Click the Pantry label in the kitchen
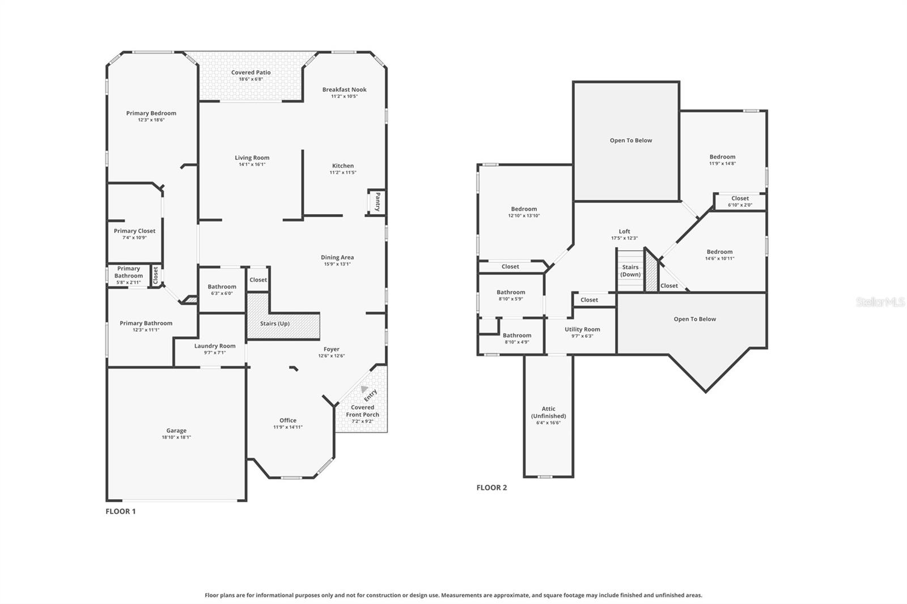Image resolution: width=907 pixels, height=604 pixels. [378, 202]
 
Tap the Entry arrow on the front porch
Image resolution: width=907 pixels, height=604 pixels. [365, 389]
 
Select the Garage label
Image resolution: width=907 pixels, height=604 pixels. [176, 431]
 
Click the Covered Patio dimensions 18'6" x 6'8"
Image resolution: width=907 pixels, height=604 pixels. [251, 79]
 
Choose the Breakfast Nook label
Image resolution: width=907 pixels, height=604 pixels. [344, 90]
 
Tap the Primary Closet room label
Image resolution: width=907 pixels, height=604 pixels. [134, 231]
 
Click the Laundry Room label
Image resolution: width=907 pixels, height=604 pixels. [215, 346]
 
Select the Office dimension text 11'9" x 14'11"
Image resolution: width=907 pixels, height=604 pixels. [287, 427]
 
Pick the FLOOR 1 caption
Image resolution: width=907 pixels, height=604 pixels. [121, 511]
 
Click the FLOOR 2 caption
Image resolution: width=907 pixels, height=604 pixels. [491, 487]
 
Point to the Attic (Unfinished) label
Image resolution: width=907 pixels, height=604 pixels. [548, 412]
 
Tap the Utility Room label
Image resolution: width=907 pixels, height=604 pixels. [582, 329]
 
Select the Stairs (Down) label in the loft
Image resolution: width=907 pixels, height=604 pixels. [630, 271]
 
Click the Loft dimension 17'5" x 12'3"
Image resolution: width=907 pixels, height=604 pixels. [624, 238]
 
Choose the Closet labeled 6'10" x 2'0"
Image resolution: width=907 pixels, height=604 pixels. [740, 202]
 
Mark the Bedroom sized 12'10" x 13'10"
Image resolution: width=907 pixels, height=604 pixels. [524, 212]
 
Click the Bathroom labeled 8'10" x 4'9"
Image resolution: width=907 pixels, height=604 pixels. [517, 338]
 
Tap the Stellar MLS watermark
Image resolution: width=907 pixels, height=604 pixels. [880, 302]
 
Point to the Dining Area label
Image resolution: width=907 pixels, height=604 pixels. [337, 257]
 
